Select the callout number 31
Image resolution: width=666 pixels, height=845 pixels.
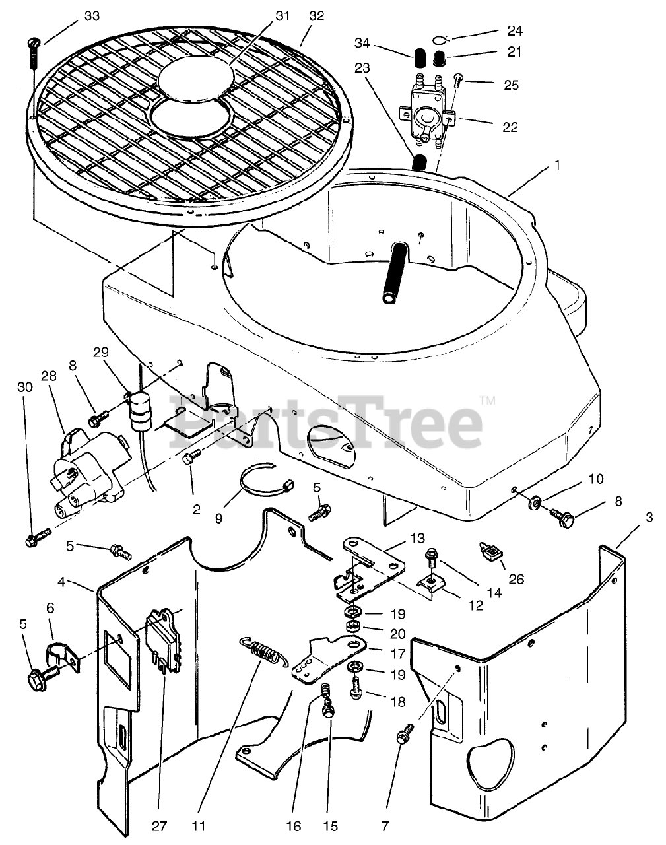tap(282, 16)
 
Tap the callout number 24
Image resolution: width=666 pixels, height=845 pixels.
tap(514, 30)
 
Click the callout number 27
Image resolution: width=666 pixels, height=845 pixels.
tap(160, 826)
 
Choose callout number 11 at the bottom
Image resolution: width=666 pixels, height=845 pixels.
tap(199, 826)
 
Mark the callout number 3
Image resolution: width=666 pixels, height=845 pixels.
tap(649, 518)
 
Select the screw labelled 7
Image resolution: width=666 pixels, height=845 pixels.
tap(405, 733)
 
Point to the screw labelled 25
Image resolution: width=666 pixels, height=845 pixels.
tap(459, 81)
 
